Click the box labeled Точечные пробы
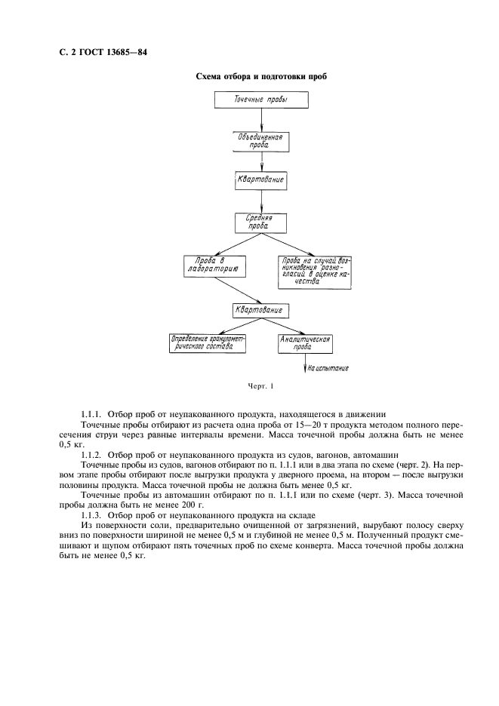coord(261,99)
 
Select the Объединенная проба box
coord(260,141)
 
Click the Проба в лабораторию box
coord(212,265)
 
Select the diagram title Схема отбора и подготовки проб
coord(260,76)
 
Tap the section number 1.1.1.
coord(91,414)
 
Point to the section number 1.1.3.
coord(91,513)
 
